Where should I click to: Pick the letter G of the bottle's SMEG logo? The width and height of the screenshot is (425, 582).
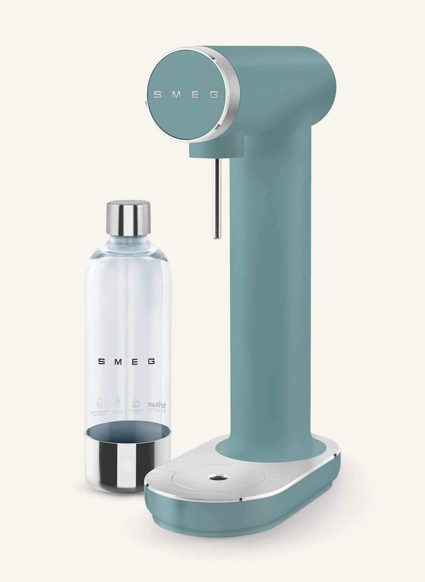(151, 361)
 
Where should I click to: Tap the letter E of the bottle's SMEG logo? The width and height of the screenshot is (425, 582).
(134, 361)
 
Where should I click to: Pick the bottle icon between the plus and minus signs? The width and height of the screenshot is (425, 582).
(118, 401)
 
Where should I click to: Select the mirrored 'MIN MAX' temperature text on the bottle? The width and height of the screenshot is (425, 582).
(119, 411)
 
